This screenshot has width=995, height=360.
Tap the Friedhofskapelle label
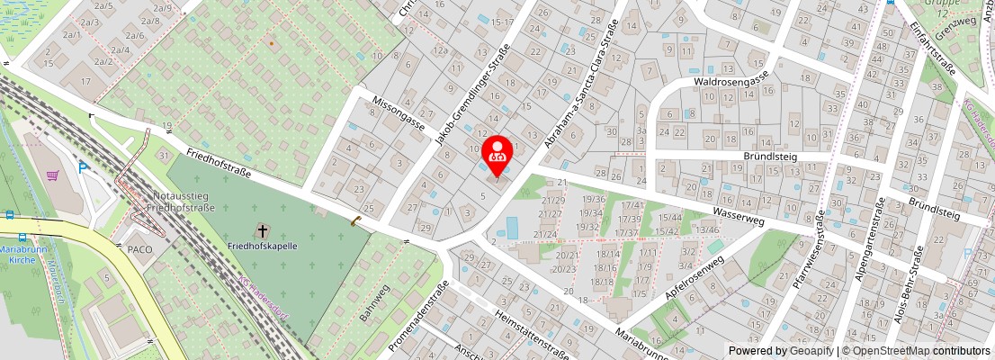tap(263, 246)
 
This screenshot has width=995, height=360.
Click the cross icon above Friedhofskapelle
tap(263, 230)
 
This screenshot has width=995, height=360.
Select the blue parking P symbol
tap(84, 167)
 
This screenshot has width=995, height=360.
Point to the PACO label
tap(139, 248)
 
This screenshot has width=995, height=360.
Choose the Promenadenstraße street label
tap(418, 316)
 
